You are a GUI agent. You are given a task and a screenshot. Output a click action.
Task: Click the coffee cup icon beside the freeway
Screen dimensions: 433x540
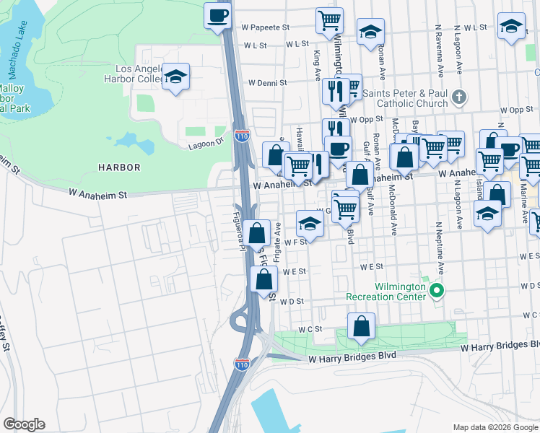(217, 15)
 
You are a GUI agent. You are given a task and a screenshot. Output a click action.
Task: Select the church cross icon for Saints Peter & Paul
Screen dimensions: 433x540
(458, 97)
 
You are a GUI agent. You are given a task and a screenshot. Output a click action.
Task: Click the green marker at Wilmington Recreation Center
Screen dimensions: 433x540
(436, 291)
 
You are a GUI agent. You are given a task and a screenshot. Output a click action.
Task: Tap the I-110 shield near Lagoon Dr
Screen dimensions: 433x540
(241, 134)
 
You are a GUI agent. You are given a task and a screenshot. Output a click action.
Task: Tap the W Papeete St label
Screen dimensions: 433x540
(264, 27)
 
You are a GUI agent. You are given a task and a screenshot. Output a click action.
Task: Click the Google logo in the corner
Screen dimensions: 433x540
(24, 424)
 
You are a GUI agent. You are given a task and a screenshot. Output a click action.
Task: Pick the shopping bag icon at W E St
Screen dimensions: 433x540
(263, 279)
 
